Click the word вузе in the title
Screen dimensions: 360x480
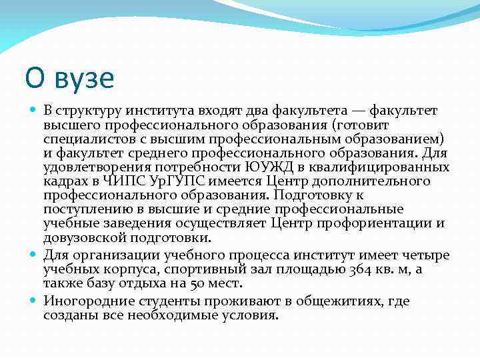pyautogui.click(x=81, y=78)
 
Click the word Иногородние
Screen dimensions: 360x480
pyautogui.click(x=87, y=301)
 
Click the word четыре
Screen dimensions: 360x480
pyautogui.click(x=426, y=255)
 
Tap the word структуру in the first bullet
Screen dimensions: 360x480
pyautogui.click(x=89, y=110)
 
